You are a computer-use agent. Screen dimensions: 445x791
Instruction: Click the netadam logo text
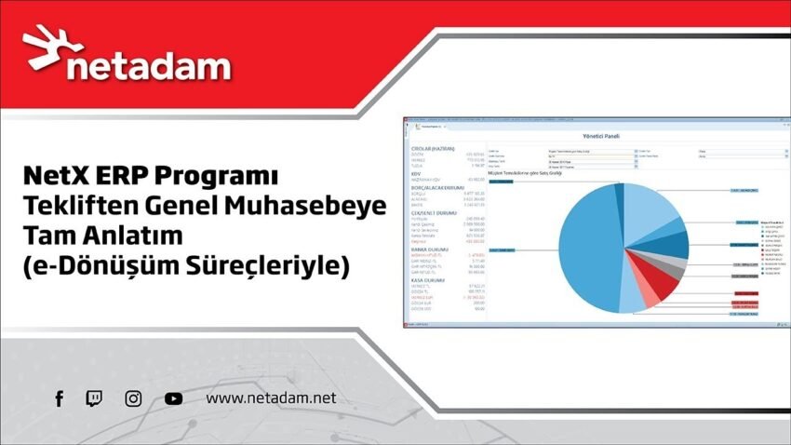tap(149, 66)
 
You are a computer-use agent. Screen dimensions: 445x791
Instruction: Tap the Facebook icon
tap(59, 398)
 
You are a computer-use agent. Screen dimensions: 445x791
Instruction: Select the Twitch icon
tap(95, 398)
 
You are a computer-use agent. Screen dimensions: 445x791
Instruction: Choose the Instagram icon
tap(133, 398)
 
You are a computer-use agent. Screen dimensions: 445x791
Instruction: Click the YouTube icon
tap(173, 398)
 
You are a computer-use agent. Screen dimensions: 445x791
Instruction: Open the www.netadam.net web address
tap(270, 398)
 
